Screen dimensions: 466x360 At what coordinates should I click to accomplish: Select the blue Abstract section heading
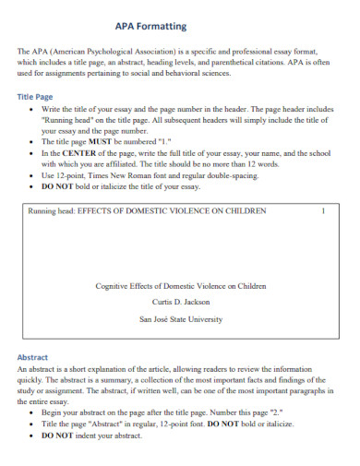tap(36, 357)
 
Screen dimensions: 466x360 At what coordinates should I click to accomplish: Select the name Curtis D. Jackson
tap(180, 302)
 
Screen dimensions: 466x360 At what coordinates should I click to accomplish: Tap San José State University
tap(180, 319)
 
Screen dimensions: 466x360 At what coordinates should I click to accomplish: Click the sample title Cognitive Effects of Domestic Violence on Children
tap(180, 285)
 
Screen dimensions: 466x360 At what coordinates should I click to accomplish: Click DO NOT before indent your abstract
tap(60, 436)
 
